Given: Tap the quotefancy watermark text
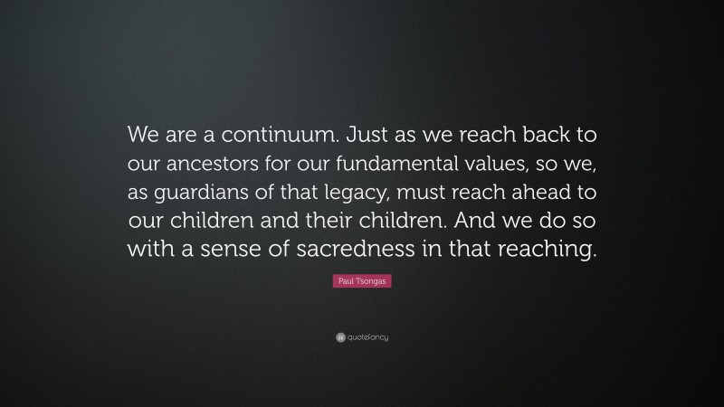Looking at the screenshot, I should [x=367, y=337].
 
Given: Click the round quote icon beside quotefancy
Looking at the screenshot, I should [x=339, y=337].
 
